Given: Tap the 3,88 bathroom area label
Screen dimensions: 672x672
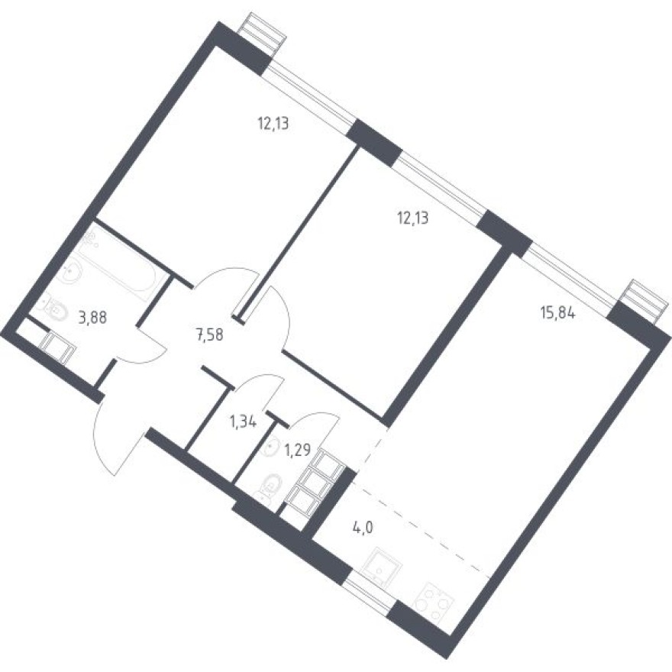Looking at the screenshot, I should [92, 316].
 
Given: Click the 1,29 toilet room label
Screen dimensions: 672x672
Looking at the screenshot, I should [296, 450].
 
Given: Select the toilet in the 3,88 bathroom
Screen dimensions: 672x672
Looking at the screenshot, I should [52, 307].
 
